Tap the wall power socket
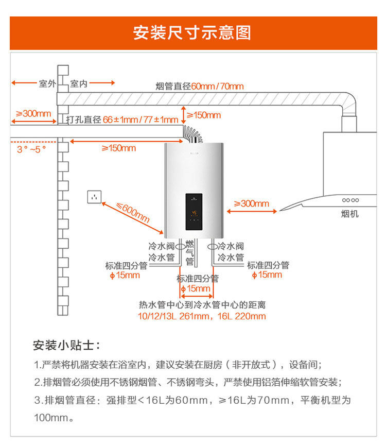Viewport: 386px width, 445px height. (94, 196)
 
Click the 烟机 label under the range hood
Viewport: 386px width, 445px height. (350, 214)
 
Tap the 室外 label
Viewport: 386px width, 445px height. (47, 83)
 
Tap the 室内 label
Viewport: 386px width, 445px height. (79, 83)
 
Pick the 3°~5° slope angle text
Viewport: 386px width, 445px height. (31, 149)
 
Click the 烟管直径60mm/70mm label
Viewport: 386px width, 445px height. (200, 86)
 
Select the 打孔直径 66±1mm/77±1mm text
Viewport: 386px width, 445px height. (122, 119)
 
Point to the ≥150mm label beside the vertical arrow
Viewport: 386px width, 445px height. (203, 115)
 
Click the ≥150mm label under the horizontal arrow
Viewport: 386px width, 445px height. (118, 148)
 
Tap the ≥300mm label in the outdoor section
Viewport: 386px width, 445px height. (33, 113)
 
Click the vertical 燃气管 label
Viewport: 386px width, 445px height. (189, 253)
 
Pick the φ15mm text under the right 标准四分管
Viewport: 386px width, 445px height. (267, 275)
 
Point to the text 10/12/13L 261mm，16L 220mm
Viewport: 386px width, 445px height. (202, 316)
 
